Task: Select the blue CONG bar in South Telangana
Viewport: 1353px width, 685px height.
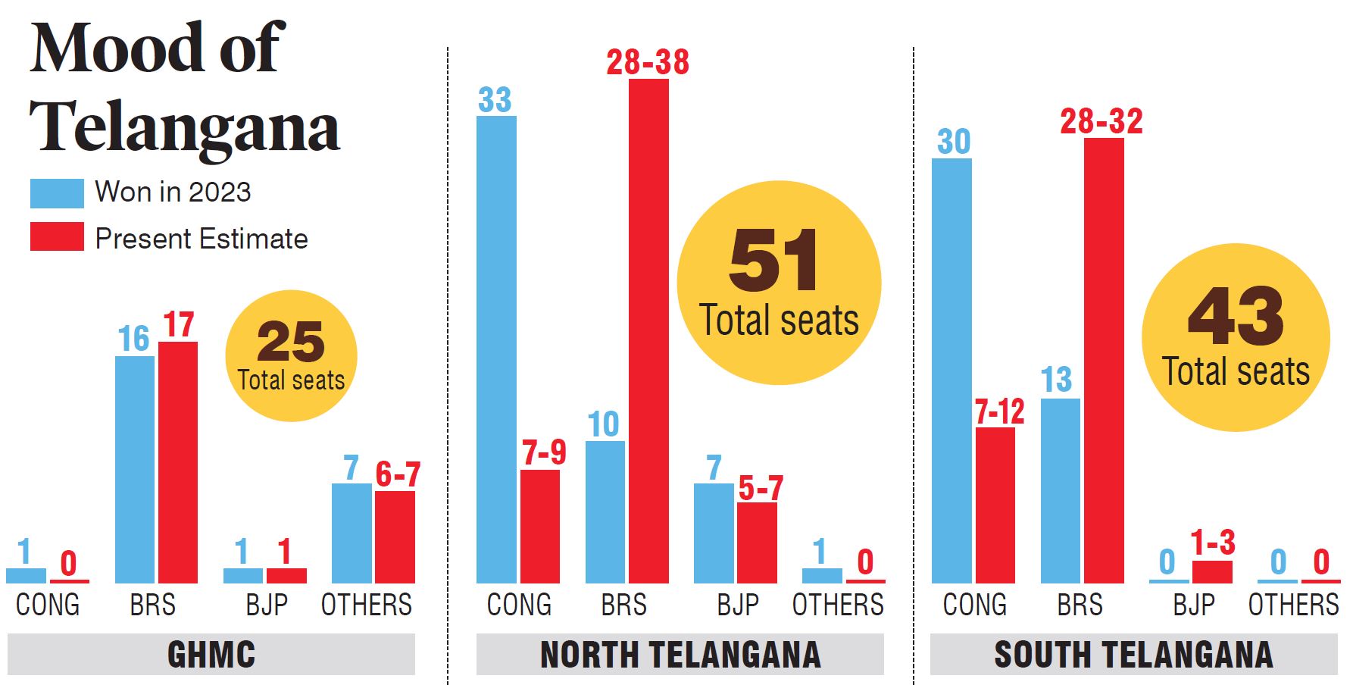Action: pyautogui.click(x=951, y=371)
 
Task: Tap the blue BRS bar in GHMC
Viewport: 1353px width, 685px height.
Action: pyautogui.click(x=135, y=469)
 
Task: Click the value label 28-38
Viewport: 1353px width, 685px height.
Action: pyautogui.click(x=648, y=62)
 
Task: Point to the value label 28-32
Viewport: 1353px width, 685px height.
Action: pyautogui.click(x=1101, y=121)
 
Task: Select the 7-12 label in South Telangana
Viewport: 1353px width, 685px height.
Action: pyautogui.click(x=999, y=412)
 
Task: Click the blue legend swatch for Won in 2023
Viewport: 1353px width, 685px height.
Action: pyautogui.click(x=57, y=193)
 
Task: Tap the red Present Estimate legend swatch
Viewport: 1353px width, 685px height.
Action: pyautogui.click(x=57, y=236)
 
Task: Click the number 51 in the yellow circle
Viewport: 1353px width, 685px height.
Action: pyautogui.click(x=773, y=261)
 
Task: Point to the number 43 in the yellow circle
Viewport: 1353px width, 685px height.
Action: pyautogui.click(x=1236, y=317)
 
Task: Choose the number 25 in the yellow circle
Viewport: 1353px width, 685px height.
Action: pyautogui.click(x=291, y=342)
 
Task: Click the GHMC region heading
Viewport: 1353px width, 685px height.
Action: pyautogui.click(x=211, y=655)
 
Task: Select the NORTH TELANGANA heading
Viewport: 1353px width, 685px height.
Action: pyautogui.click(x=680, y=655)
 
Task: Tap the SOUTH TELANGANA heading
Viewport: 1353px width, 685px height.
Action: pyautogui.click(x=1133, y=655)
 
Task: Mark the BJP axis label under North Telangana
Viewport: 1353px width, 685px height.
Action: pyautogui.click(x=738, y=605)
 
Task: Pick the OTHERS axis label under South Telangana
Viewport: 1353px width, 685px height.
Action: pyautogui.click(x=1293, y=605)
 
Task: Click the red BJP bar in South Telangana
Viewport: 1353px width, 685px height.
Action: pyautogui.click(x=1212, y=572)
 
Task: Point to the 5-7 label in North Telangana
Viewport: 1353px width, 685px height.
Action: pyautogui.click(x=760, y=489)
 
